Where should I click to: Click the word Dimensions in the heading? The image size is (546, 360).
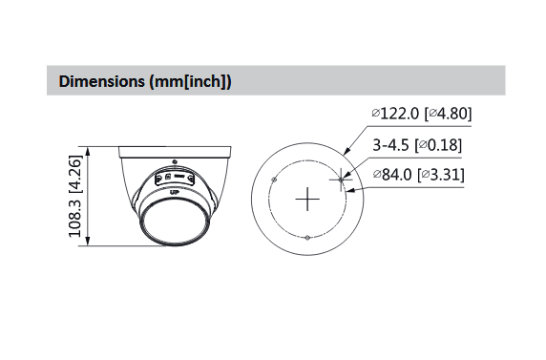tap(102, 81)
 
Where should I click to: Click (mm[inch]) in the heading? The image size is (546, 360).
tap(190, 82)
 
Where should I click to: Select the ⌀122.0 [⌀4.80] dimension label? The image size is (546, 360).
tap(422, 114)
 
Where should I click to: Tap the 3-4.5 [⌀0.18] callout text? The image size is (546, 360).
tap(417, 145)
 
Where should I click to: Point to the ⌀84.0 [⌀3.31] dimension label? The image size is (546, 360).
tap(418, 174)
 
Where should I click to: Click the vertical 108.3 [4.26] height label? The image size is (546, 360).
tap(74, 196)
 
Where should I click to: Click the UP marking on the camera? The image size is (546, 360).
tap(174, 192)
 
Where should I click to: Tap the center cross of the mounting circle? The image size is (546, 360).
tap(307, 200)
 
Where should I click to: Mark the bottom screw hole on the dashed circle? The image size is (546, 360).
tap(307, 238)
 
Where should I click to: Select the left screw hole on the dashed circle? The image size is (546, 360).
tap(274, 180)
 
